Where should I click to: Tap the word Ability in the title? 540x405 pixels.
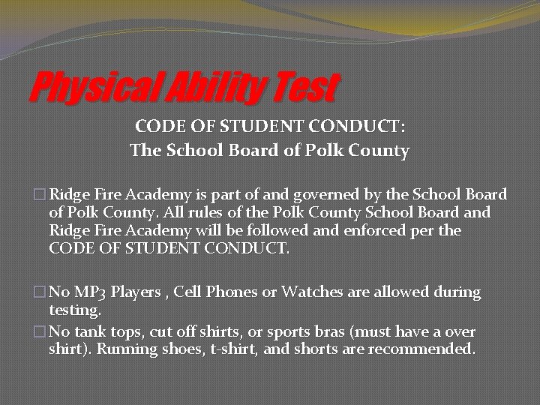217,88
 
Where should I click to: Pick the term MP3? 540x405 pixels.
88,292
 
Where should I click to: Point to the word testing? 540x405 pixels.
74,309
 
